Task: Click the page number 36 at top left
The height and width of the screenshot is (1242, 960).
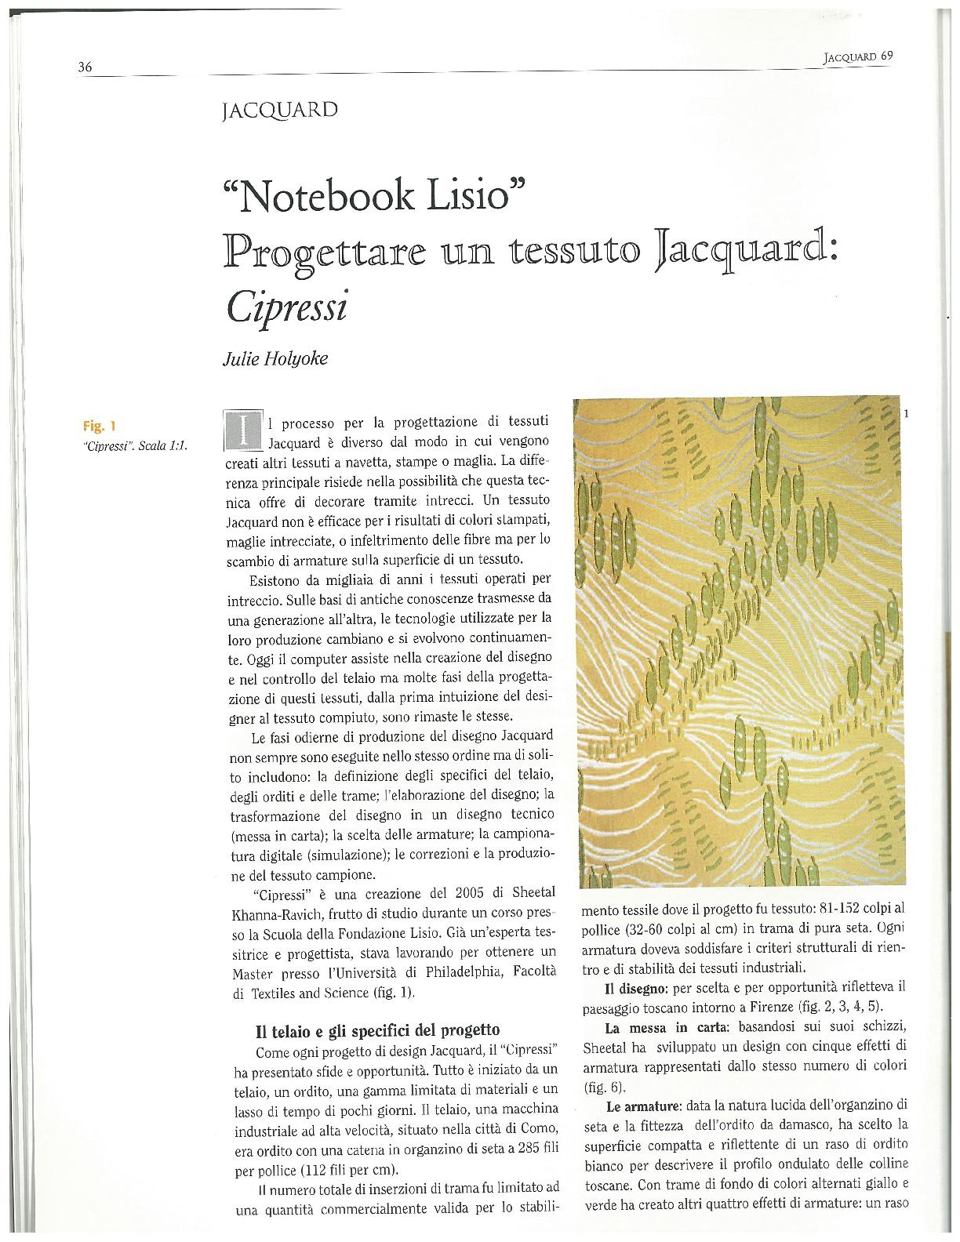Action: [x=85, y=67]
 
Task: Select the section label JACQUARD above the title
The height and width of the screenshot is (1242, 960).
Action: [x=280, y=110]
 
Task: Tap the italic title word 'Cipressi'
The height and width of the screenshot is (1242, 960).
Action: [x=286, y=307]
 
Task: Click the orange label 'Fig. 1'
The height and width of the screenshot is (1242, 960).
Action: [x=99, y=427]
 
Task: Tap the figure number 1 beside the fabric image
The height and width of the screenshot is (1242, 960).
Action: [x=906, y=413]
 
